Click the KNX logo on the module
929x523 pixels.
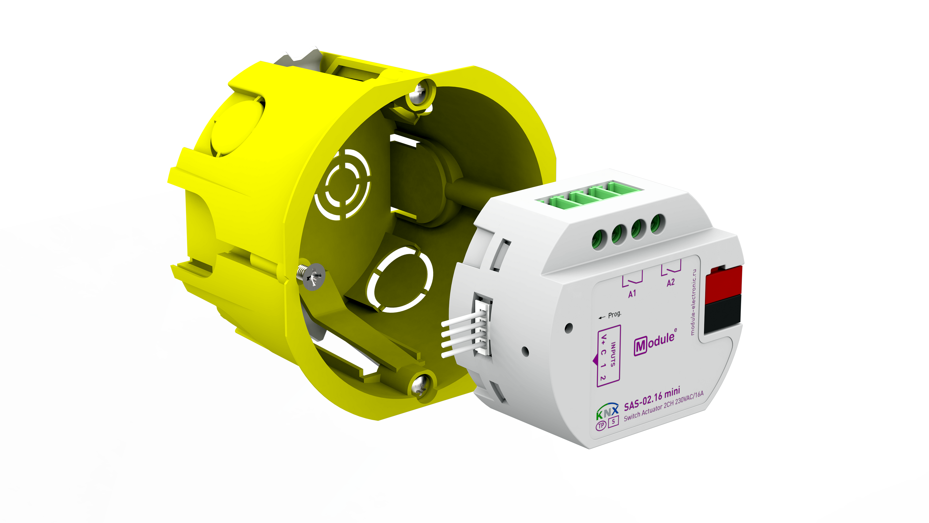(607, 411)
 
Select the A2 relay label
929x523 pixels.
(670, 282)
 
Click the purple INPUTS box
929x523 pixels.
(608, 356)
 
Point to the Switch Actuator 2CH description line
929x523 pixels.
(664, 406)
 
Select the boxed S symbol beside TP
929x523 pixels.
(613, 421)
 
